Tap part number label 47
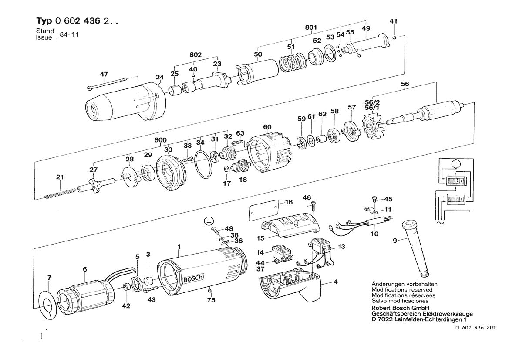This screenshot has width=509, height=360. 104,75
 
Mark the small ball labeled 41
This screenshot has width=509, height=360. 394,38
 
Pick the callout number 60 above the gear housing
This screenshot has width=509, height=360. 267,127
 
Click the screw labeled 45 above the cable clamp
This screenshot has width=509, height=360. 374,199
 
